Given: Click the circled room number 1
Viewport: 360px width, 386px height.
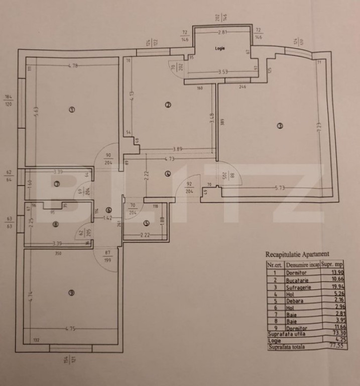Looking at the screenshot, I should pos(72,110).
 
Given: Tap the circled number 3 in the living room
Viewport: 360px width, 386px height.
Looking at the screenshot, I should pos(280,126).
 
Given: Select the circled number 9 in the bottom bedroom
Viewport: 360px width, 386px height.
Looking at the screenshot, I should pos(71,294).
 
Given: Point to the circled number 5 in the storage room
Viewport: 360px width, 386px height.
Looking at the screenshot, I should pos(146,224).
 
